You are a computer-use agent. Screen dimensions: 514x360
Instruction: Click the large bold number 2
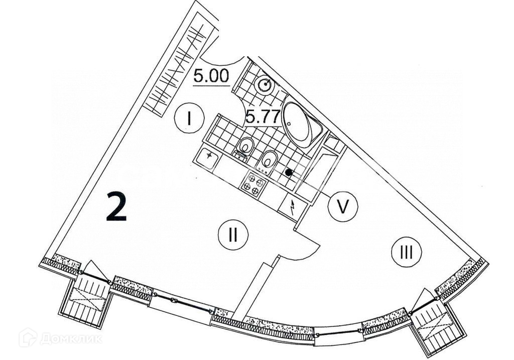pyautogui.click(x=116, y=207)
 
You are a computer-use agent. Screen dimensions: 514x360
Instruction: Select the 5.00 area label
pyautogui.click(x=211, y=76)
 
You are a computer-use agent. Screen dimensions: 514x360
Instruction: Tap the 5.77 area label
pyautogui.click(x=262, y=118)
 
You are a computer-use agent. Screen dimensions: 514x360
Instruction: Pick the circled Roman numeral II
pyautogui.click(x=233, y=234)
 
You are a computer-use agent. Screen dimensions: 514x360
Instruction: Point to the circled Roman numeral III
pyautogui.click(x=406, y=252)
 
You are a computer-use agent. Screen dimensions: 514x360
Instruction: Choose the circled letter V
pyautogui.click(x=343, y=206)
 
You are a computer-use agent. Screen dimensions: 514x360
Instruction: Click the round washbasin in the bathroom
pyautogui.click(x=264, y=85)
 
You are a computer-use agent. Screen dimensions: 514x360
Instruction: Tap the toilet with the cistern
pyautogui.click(x=245, y=148)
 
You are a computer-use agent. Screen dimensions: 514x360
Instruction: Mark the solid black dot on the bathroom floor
pyautogui.click(x=289, y=172)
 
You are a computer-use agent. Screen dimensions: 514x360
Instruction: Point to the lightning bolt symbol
pyautogui.click(x=292, y=206)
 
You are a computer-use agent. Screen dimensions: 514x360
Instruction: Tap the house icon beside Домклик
pyautogui.click(x=28, y=337)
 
